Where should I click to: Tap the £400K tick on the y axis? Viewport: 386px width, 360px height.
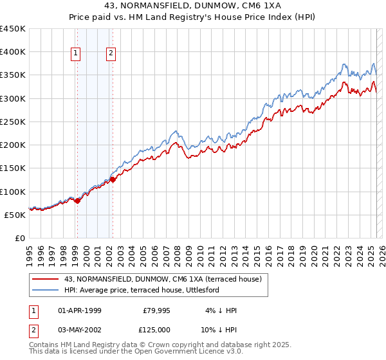click(12, 52)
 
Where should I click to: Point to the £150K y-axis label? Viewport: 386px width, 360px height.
click(12, 168)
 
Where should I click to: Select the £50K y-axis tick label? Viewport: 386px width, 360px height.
click(15, 215)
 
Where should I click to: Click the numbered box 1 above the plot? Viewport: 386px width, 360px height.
click(76, 53)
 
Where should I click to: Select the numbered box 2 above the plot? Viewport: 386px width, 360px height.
click(111, 53)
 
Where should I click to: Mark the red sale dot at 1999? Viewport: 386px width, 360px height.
click(77, 201)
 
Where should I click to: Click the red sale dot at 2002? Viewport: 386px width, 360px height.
click(113, 180)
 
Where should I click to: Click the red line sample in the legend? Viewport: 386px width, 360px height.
click(46, 280)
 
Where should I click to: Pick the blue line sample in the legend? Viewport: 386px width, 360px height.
click(46, 290)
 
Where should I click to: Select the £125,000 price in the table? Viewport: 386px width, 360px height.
click(156, 329)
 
